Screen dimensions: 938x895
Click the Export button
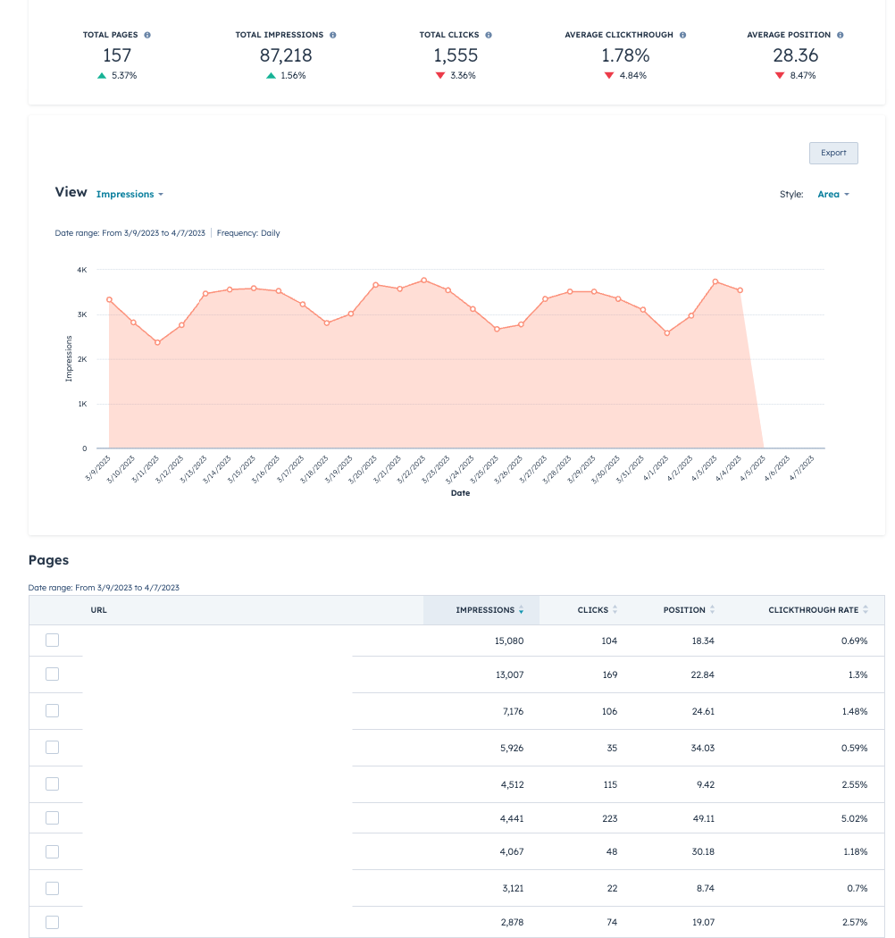coord(833,153)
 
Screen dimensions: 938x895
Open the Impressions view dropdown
coord(130,194)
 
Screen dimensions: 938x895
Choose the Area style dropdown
coord(832,194)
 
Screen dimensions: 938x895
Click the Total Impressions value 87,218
coord(286,55)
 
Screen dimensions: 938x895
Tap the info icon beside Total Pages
coord(147,35)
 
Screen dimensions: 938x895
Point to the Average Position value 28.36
coord(795,55)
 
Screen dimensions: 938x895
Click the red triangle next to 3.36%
coord(439,76)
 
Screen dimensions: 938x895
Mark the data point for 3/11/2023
coord(157,342)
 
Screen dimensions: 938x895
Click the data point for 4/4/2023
coord(740,290)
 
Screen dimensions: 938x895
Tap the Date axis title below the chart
coord(460,493)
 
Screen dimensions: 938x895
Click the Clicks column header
coord(592,610)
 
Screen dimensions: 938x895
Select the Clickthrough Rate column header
coord(813,610)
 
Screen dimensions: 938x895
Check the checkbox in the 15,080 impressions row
coord(52,641)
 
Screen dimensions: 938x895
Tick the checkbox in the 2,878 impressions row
coord(52,922)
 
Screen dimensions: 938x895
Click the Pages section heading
coord(48,560)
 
